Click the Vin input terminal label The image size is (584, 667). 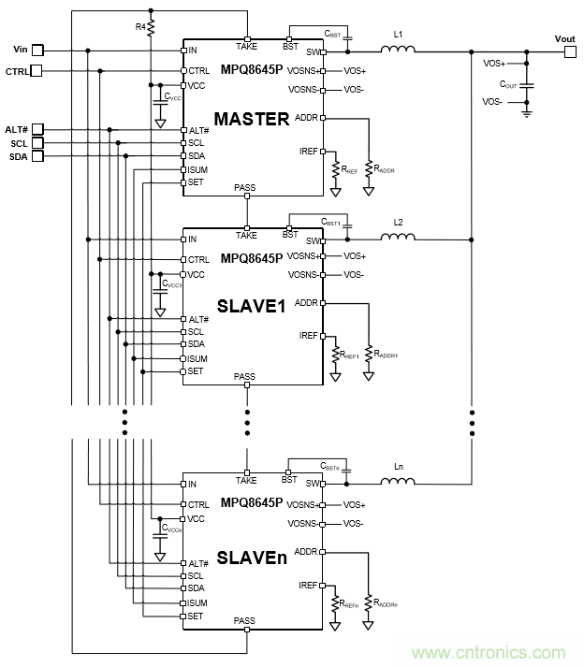pyautogui.click(x=22, y=49)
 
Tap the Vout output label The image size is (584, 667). pyautogui.click(x=564, y=38)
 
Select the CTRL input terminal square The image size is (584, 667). pyautogui.click(x=37, y=71)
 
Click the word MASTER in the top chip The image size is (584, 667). pyautogui.click(x=252, y=120)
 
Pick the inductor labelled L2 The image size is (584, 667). pyautogui.click(x=398, y=238)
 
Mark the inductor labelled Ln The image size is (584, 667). pyautogui.click(x=398, y=484)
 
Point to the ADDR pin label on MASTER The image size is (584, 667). pyautogui.click(x=306, y=118)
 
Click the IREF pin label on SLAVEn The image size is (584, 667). pyautogui.click(x=308, y=585)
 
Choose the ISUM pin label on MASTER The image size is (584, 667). pyautogui.click(x=197, y=169)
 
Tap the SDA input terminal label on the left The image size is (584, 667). pyautogui.click(x=19, y=157)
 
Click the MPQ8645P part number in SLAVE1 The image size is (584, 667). pyautogui.click(x=251, y=257)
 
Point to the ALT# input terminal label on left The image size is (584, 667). pyautogui.click(x=17, y=130)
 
